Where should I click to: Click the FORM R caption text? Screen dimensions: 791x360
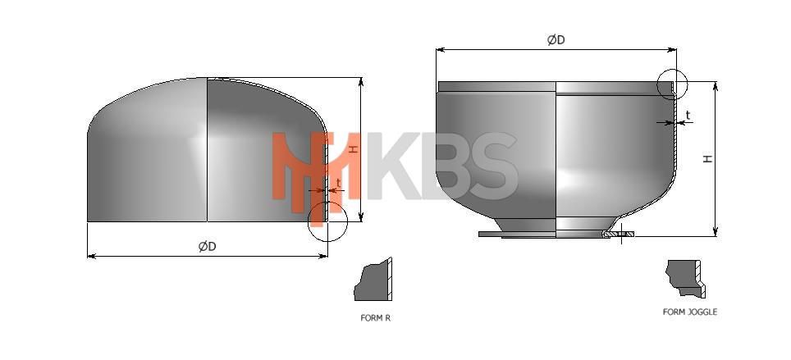click(x=375, y=318)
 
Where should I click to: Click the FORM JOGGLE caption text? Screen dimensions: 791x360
click(x=689, y=312)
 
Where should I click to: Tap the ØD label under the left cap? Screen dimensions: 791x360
click(x=208, y=246)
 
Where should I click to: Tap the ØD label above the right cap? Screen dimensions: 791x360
click(x=556, y=40)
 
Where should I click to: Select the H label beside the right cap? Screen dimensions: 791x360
click(x=709, y=158)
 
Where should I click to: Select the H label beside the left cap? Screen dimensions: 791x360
click(x=354, y=149)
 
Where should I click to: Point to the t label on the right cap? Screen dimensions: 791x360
click(x=688, y=116)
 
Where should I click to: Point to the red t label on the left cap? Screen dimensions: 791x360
click(x=338, y=183)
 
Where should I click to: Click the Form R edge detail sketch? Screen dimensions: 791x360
click(x=373, y=280)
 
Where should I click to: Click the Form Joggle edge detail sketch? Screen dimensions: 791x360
click(x=686, y=278)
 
